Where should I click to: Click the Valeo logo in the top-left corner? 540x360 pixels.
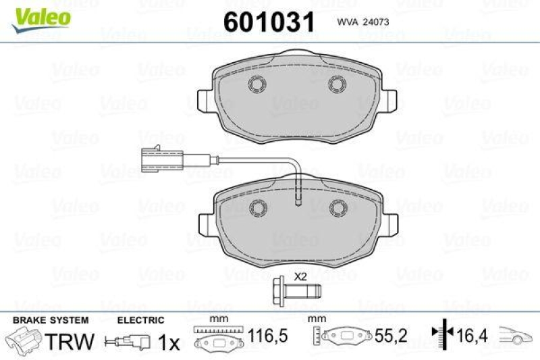point(40,15)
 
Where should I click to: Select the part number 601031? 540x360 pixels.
point(269,22)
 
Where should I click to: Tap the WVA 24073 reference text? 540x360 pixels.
point(360,22)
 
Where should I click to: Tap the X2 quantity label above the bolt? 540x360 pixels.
point(300,276)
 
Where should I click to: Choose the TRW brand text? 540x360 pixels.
point(68,341)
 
